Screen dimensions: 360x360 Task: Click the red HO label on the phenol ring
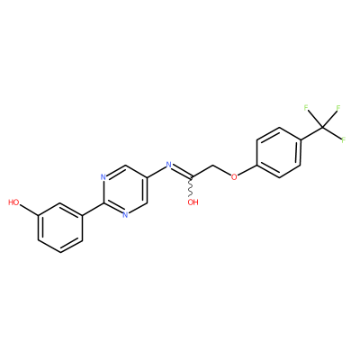point(13,202)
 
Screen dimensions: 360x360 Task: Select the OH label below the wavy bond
point(193,202)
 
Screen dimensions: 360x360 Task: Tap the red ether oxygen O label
point(234,176)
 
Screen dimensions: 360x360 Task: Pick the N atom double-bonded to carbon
point(168,164)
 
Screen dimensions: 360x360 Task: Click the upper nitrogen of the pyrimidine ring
point(103,177)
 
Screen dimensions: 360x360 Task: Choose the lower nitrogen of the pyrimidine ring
point(125,215)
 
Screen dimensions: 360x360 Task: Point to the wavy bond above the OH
point(191,187)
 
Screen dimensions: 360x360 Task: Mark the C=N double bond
point(182,171)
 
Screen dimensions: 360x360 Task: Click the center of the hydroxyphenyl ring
point(60,228)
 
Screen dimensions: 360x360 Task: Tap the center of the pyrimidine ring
point(125,190)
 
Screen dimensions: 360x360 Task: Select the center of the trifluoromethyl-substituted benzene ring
point(279,153)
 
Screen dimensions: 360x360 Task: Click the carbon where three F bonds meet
point(323,128)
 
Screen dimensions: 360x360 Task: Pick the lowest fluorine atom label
point(344,139)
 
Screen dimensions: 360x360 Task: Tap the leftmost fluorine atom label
point(306,108)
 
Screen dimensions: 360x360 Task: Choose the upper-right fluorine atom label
point(338,108)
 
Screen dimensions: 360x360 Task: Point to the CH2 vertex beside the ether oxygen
point(212,166)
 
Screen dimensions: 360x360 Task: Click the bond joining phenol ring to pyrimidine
point(93,209)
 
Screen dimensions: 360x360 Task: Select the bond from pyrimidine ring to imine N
point(156,171)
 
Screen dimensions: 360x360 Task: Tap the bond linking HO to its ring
point(29,210)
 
